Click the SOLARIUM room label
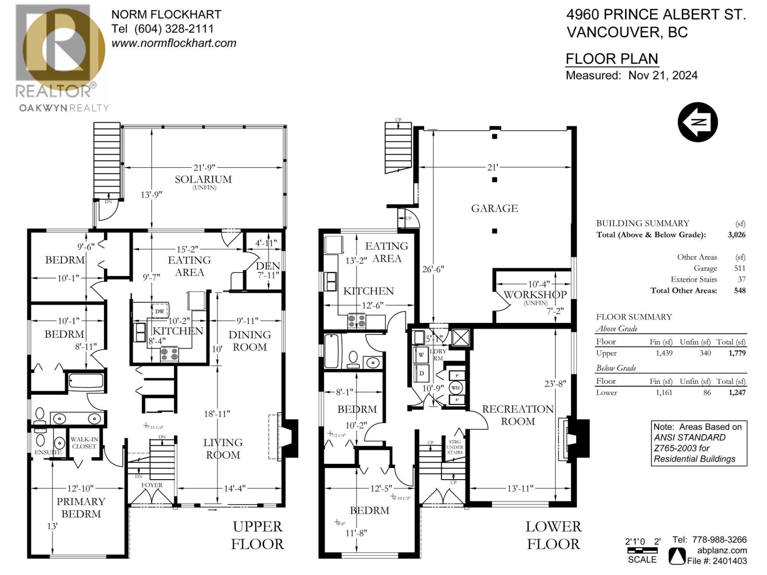(203, 179)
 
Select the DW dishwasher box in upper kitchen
(160, 311)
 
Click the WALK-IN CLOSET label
(84, 443)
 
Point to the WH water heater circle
(455, 388)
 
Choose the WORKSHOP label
(535, 294)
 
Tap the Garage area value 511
(739, 268)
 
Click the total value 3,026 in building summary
(736, 235)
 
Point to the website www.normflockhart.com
(174, 43)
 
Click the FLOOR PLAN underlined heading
(612, 59)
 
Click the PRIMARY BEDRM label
(81, 507)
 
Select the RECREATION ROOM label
(518, 415)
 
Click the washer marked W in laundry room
(421, 355)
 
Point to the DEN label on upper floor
(267, 266)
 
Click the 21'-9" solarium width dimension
(204, 167)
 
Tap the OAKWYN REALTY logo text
(64, 108)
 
